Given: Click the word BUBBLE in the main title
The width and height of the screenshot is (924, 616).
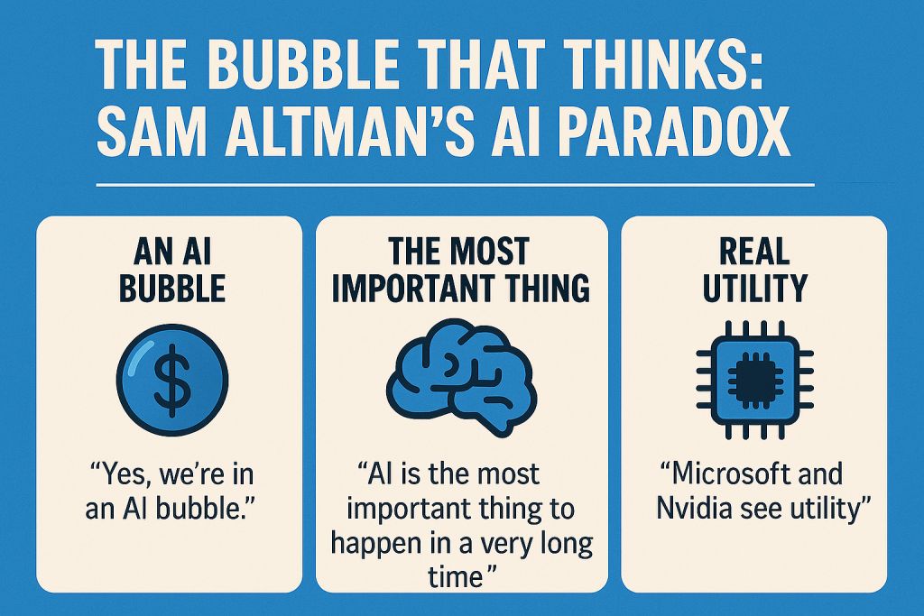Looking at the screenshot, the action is pyautogui.click(x=303, y=64).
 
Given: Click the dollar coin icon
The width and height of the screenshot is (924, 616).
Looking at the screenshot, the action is pyautogui.click(x=172, y=380).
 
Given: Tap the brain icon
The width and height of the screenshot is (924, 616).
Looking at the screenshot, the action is pyautogui.click(x=461, y=377).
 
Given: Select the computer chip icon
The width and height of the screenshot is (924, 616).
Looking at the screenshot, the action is pyautogui.click(x=754, y=380).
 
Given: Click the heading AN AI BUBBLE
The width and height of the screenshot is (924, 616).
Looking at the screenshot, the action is pyautogui.click(x=172, y=270).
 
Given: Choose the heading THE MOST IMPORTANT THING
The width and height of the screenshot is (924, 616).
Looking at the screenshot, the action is pyautogui.click(x=461, y=270).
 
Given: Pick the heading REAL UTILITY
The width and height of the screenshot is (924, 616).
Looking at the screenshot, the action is pyautogui.click(x=754, y=270).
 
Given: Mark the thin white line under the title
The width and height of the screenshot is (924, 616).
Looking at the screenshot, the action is pyautogui.click(x=455, y=185).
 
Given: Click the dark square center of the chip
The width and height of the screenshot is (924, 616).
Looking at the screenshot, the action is pyautogui.click(x=755, y=380).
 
